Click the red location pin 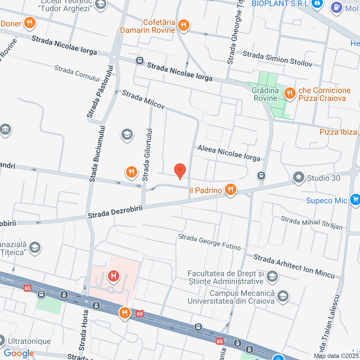coord(180,170)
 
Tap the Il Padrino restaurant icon coord(230,189)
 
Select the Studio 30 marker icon coord(298,177)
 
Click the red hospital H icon coord(114,276)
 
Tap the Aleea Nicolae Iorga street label coord(229,153)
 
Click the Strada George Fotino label coord(210,242)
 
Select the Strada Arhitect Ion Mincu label coord(294,266)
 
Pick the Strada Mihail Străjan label coord(312,223)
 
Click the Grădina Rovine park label coord(265,94)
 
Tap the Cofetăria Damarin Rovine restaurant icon coord(183,25)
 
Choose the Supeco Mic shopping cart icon coord(355,199)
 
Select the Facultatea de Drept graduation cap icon coord(272,276)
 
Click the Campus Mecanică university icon coord(283,296)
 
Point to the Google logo coord(19,353)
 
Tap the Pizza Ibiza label coord(338,132)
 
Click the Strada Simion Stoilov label coord(277,59)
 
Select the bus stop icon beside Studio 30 coord(261,176)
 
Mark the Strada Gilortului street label coord(147,155)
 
